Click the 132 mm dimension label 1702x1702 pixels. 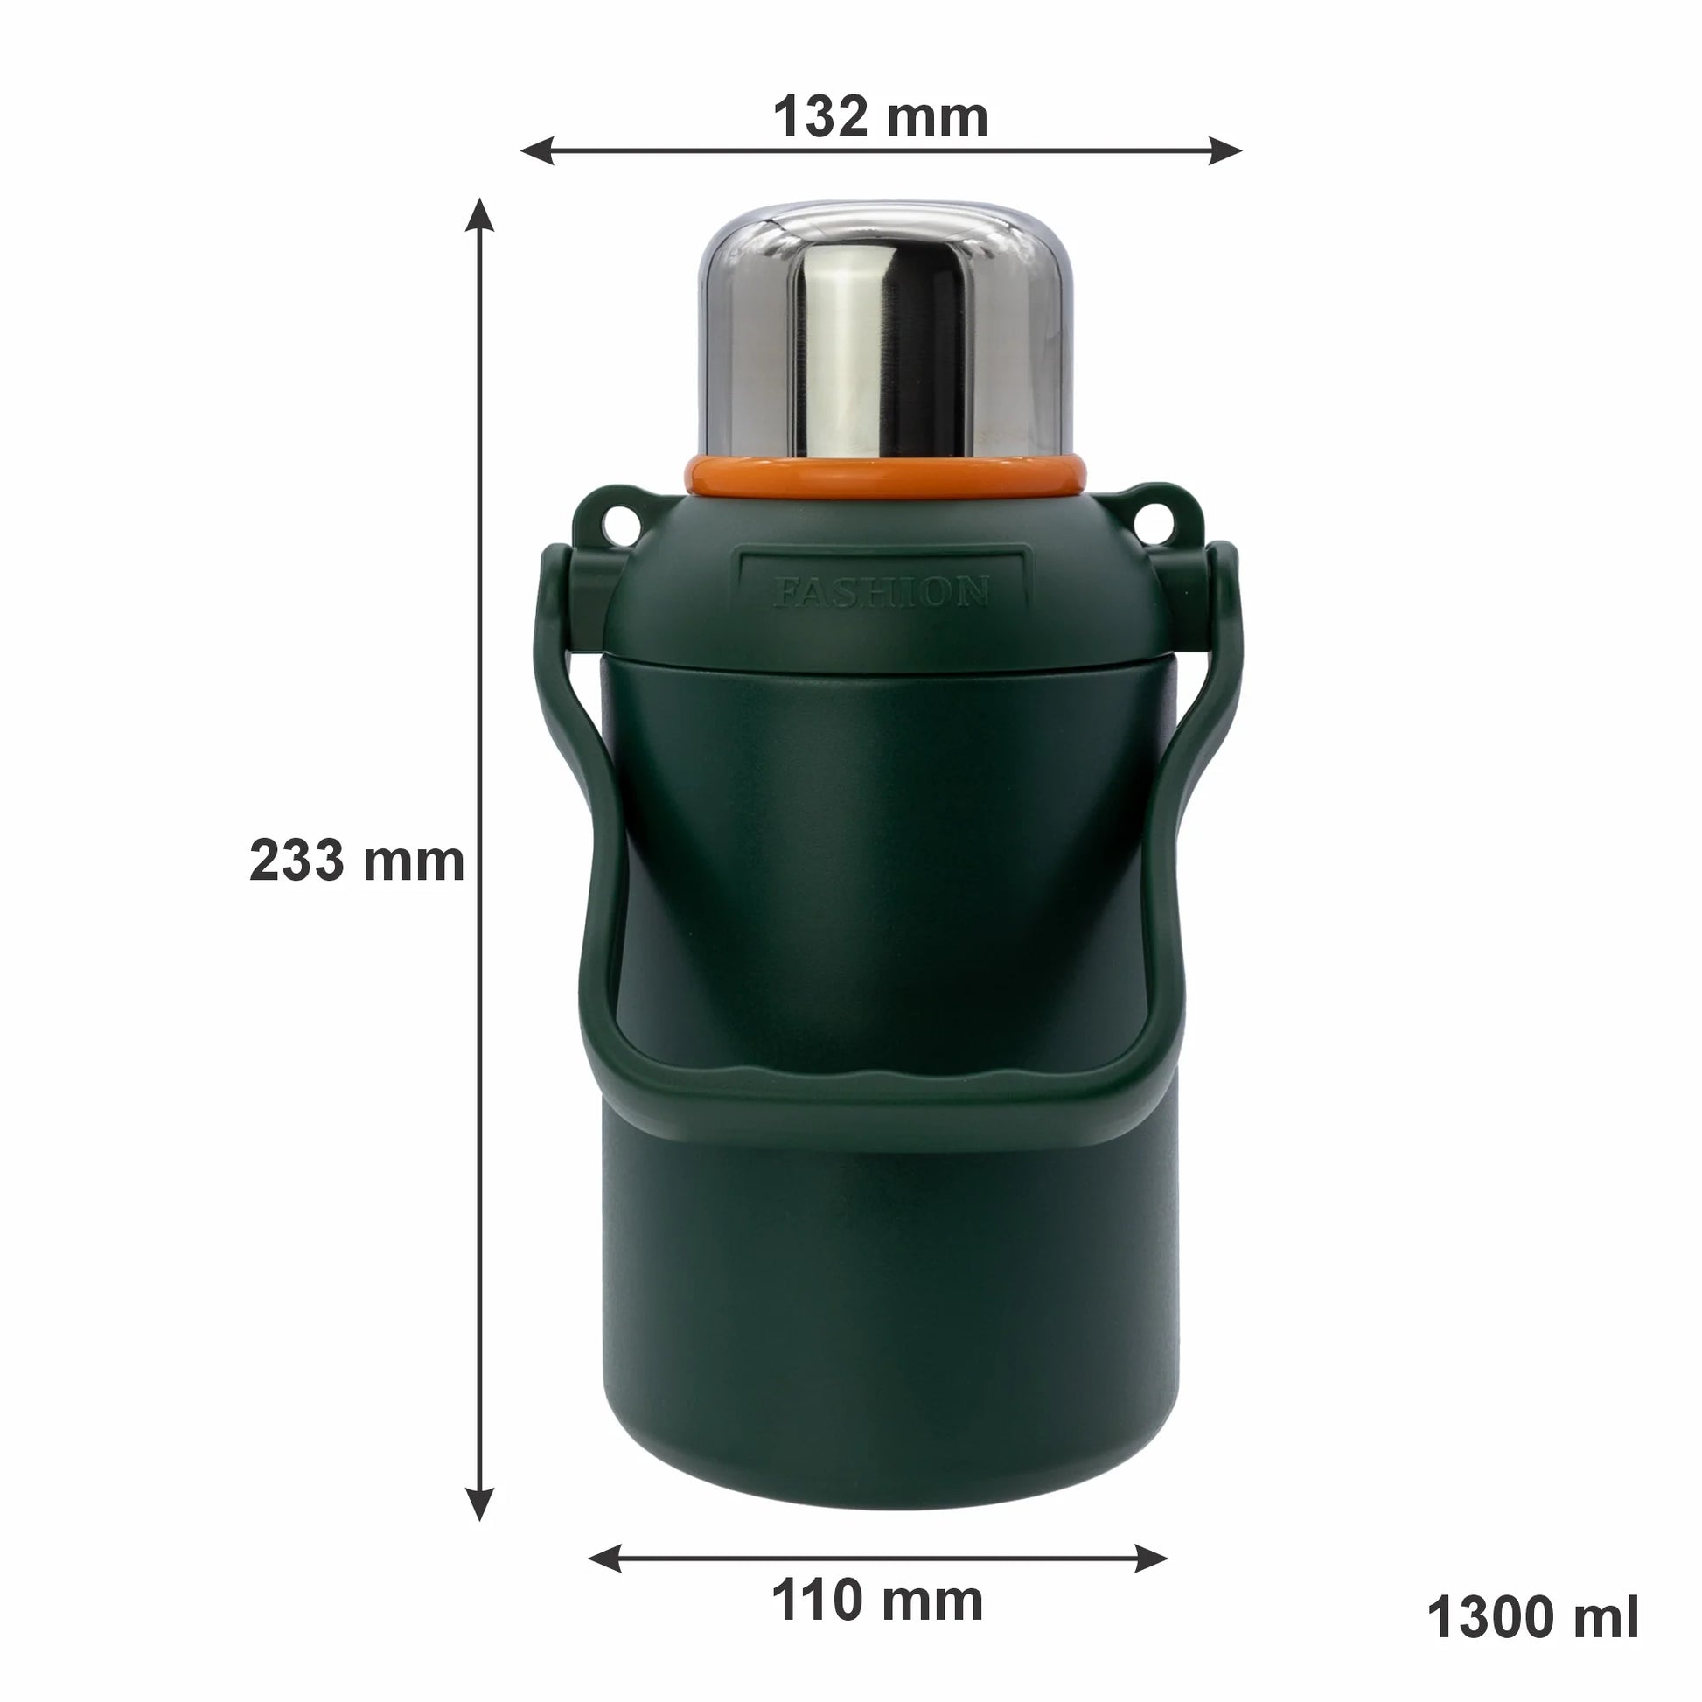point(880,116)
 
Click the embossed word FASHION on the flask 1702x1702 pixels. point(881,592)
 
